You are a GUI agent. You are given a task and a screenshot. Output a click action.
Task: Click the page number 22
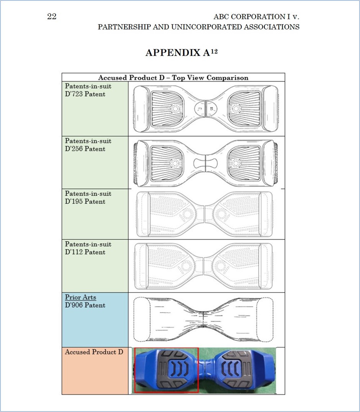point(52,17)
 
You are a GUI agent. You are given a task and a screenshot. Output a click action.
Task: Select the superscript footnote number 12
point(214,51)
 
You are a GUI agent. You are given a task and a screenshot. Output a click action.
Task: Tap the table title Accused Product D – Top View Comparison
point(173,77)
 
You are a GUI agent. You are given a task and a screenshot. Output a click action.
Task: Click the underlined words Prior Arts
point(80,297)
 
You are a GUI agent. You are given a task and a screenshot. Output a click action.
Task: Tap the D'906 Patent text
point(85,305)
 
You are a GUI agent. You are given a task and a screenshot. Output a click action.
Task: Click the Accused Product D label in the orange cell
point(94,352)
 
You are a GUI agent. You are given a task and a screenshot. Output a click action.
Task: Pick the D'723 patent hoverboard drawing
point(206,109)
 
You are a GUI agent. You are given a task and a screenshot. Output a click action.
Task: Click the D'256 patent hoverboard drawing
point(206,163)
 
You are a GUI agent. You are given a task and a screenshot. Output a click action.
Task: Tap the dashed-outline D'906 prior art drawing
point(203,319)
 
